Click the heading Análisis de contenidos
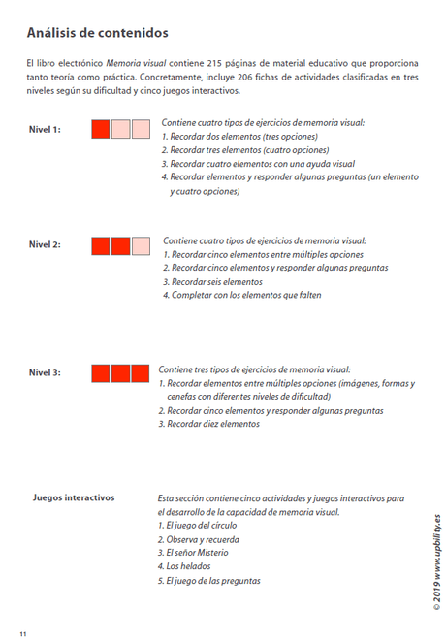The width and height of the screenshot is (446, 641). pyautogui.click(x=97, y=33)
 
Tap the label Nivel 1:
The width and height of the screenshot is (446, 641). pyautogui.click(x=45, y=129)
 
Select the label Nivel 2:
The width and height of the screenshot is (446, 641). pyautogui.click(x=45, y=244)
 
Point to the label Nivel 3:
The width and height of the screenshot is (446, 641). pyautogui.click(x=45, y=373)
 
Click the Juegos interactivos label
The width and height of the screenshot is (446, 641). pyautogui.click(x=74, y=497)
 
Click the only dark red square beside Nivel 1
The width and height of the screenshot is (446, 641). pyautogui.click(x=101, y=129)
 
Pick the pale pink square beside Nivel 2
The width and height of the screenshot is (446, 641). pyautogui.click(x=141, y=245)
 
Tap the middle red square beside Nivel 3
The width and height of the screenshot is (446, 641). pyautogui.click(x=120, y=373)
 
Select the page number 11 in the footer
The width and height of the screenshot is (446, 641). pyautogui.click(x=22, y=633)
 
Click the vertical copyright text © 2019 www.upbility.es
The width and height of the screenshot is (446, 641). pyautogui.click(x=437, y=562)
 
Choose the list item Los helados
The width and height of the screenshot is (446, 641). pyautogui.click(x=183, y=566)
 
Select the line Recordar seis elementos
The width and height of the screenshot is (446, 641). pyautogui.click(x=216, y=281)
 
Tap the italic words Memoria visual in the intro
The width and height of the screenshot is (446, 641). pyautogui.click(x=136, y=63)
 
